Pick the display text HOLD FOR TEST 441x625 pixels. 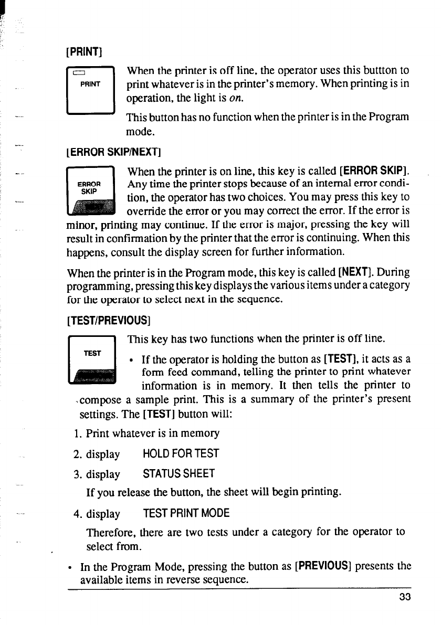(x=181, y=454)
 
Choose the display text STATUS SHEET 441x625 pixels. (x=179, y=474)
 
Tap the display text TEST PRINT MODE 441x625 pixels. (x=186, y=513)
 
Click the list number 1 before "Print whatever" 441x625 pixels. (x=77, y=433)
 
